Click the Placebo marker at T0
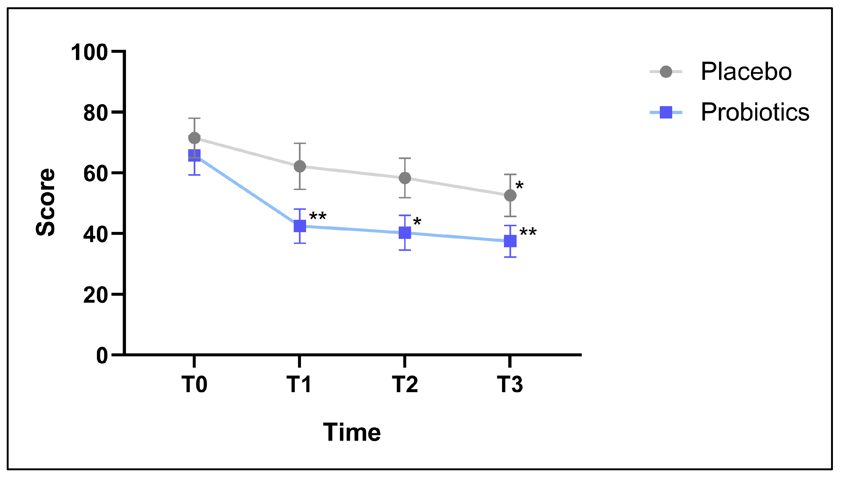click(x=194, y=138)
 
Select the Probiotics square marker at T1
click(x=300, y=226)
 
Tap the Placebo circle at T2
click(x=405, y=178)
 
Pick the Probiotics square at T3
click(x=510, y=241)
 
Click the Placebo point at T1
click(x=300, y=166)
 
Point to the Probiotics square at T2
click(x=405, y=233)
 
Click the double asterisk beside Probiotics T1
click(x=318, y=217)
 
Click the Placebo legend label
click(x=746, y=71)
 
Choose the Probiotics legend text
click(x=755, y=112)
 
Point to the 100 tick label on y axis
click(x=89, y=53)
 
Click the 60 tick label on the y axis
click(x=95, y=174)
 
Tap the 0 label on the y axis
click(x=102, y=356)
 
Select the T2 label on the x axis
click(x=405, y=384)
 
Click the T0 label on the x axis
click(x=194, y=384)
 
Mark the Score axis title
click(x=45, y=202)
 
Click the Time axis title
click(x=352, y=433)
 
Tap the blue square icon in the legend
click(x=666, y=112)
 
